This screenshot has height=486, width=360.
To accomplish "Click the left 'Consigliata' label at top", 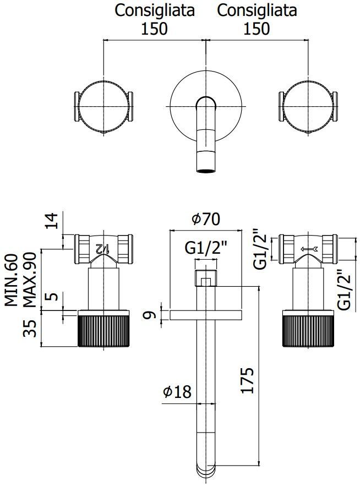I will pos(154,10).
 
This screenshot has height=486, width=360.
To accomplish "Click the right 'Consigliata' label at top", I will pos(257,10).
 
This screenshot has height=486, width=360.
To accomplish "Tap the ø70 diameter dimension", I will pos(206,219).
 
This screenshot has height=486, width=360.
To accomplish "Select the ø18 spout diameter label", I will pos(177,392).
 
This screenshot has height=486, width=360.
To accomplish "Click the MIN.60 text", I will pos(12,280).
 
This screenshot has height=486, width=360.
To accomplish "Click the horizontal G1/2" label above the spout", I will pos(205,249).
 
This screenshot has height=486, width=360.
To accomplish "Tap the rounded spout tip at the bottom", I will pos(206,472).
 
